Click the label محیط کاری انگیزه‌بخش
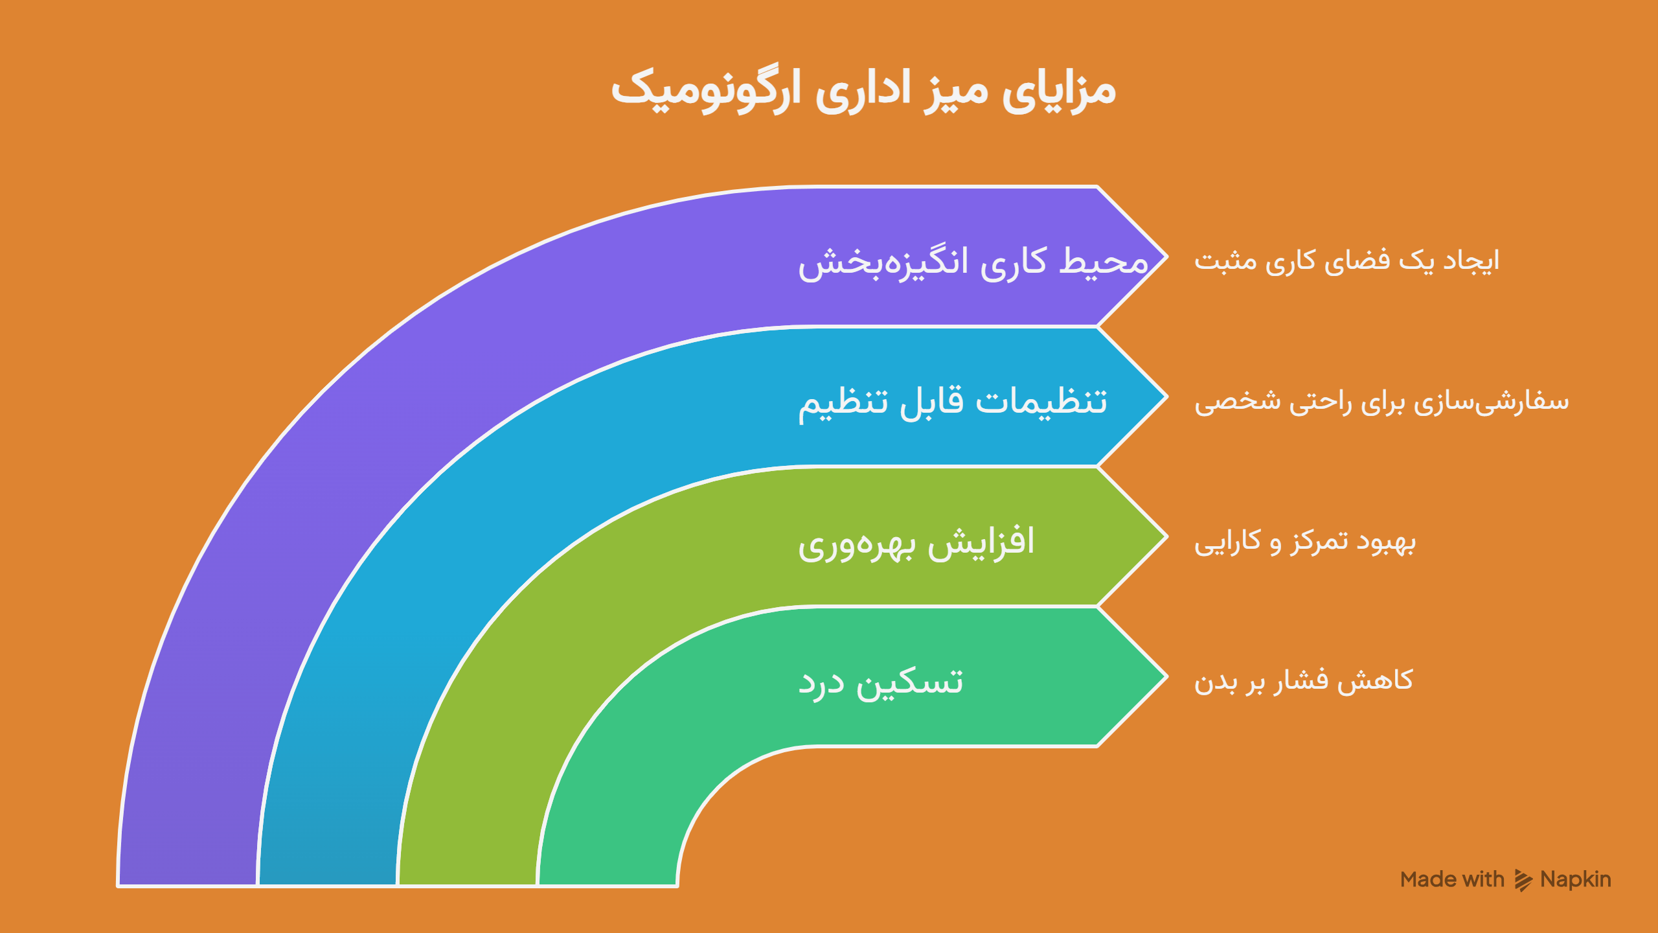click(x=973, y=262)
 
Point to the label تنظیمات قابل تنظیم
click(x=953, y=402)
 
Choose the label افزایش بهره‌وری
click(x=916, y=542)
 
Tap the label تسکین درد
click(x=880, y=682)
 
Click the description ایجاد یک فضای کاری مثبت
click(x=1347, y=260)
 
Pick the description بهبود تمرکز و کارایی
click(x=1305, y=542)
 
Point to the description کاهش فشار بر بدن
click(x=1303, y=680)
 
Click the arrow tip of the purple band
click(x=1166, y=257)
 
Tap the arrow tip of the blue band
click(x=1166, y=397)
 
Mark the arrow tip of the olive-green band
click(x=1166, y=537)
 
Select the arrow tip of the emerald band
click(x=1166, y=677)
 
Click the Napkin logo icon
click(x=1523, y=881)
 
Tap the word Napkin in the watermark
click(x=1576, y=879)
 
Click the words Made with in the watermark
click(x=1452, y=879)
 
